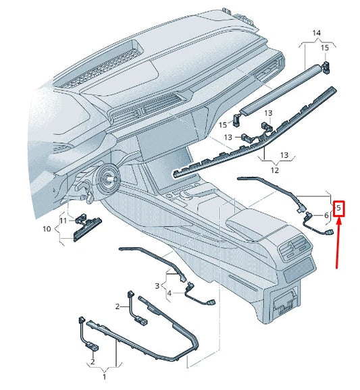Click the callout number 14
[316, 33]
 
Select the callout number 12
[275, 171]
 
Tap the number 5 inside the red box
[338, 209]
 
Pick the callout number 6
[326, 215]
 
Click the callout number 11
[63, 221]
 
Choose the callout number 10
[47, 229]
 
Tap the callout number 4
[170, 293]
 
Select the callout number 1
[103, 372]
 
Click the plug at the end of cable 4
[211, 304]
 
